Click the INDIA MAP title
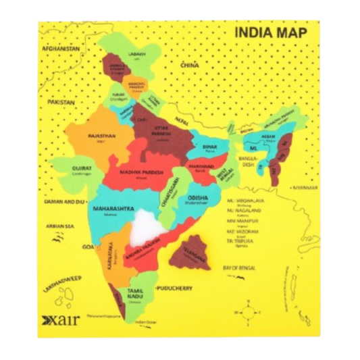[x=270, y=32]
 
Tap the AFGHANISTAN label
[x=61, y=49]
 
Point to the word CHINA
[x=188, y=64]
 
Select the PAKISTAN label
[x=61, y=103]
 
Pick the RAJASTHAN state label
[x=102, y=136]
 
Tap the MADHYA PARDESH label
[x=141, y=172]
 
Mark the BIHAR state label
[x=209, y=147]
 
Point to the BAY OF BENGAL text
[x=241, y=269]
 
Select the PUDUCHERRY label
[x=174, y=288]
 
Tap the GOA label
[x=88, y=247]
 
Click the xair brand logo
[x=60, y=319]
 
